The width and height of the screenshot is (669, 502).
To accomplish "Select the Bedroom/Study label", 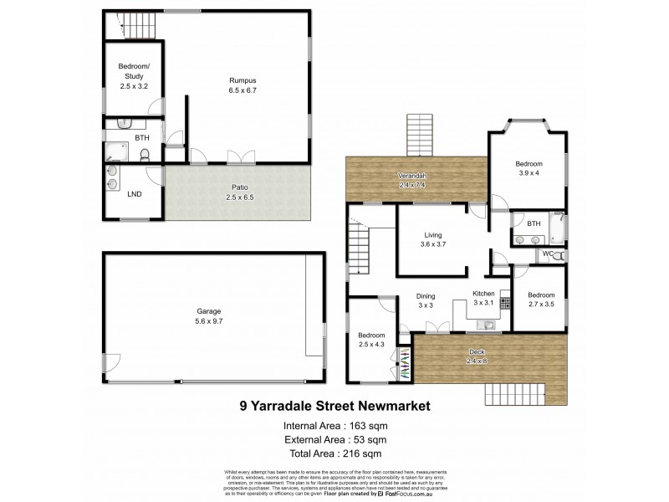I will pyautogui.click(x=134, y=76).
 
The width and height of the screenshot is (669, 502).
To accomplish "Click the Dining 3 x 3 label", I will pyautogui.click(x=426, y=300).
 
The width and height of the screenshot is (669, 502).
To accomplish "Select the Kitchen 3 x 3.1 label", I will pyautogui.click(x=484, y=299).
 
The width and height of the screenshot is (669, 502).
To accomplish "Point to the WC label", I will pyautogui.click(x=547, y=254).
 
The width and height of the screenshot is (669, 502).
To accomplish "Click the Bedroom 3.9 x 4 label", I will pyautogui.click(x=529, y=168).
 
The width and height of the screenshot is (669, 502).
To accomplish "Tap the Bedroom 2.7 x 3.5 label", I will pyautogui.click(x=541, y=300).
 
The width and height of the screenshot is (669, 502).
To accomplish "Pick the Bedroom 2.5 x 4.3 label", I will pyautogui.click(x=372, y=340).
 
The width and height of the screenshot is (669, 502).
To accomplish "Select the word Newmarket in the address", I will pyautogui.click(x=390, y=407).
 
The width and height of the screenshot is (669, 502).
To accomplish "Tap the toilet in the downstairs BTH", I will pyautogui.click(x=144, y=154).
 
